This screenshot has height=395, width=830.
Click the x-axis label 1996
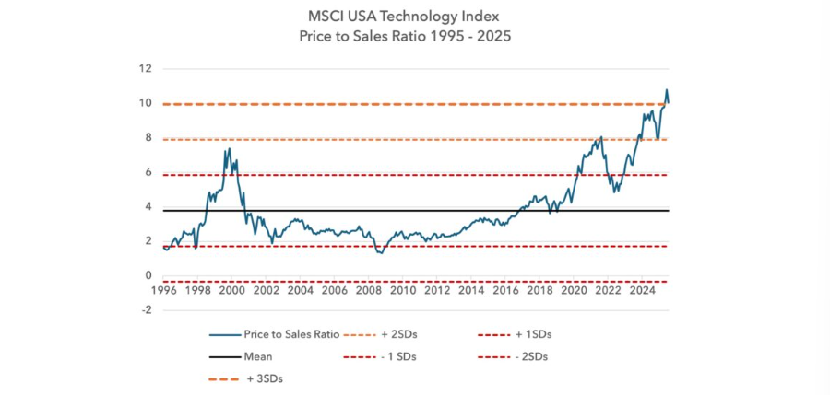coord(163,290)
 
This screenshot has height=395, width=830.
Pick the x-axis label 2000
coord(231,290)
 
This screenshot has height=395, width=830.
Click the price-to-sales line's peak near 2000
coord(228,148)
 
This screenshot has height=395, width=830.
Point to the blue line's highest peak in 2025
coord(666,90)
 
